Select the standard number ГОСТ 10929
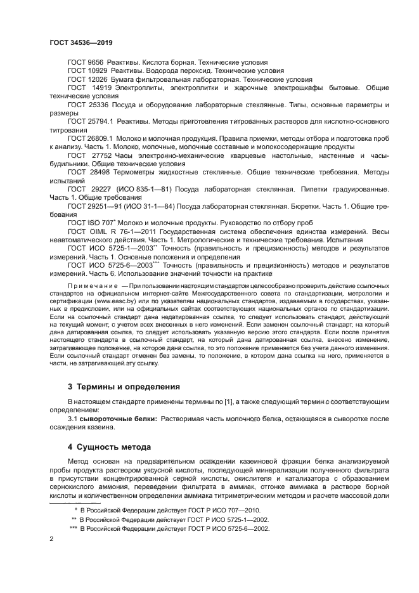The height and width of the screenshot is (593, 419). point(87,72)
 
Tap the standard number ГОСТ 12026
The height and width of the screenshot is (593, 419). point(87,80)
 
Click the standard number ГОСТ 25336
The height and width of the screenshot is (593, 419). point(87,105)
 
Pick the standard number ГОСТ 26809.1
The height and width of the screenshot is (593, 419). point(90,138)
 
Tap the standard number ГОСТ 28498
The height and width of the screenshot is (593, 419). point(87,171)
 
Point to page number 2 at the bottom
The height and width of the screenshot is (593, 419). point(51,538)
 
